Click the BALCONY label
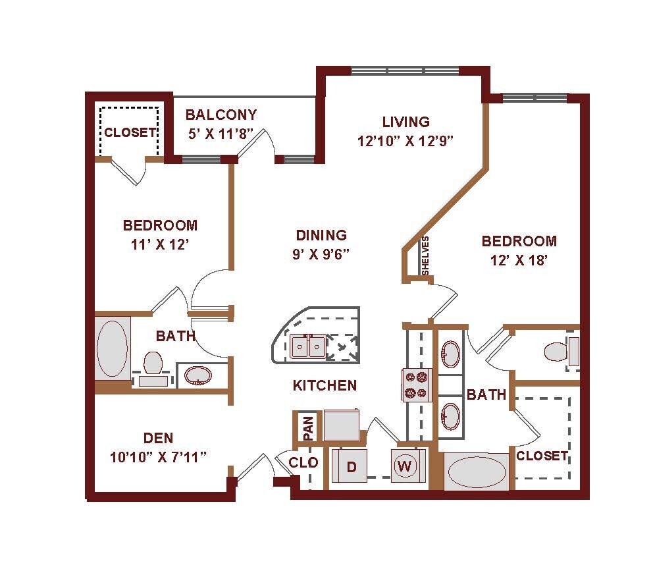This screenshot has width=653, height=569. click(x=221, y=115)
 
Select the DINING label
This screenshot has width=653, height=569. click(x=321, y=235)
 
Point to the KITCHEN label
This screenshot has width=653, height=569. click(x=325, y=385)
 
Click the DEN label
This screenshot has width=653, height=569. click(x=158, y=438)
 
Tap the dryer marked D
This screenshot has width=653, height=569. click(x=352, y=467)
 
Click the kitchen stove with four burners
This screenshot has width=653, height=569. click(x=417, y=385)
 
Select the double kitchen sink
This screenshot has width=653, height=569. click(x=307, y=345)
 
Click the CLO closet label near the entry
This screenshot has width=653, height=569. click(x=303, y=463)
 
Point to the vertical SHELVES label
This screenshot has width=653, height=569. click(x=425, y=256)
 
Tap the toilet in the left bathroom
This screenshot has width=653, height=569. click(x=153, y=362)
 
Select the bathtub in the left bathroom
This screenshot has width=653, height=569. click(x=113, y=348)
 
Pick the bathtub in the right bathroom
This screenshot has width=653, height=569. click(x=477, y=472)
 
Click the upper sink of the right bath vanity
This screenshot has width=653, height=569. click(x=451, y=354)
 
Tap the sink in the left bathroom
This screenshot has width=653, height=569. click(x=197, y=375)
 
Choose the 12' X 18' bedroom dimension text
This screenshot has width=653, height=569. click(x=518, y=260)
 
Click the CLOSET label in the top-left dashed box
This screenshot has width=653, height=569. click(x=129, y=132)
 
